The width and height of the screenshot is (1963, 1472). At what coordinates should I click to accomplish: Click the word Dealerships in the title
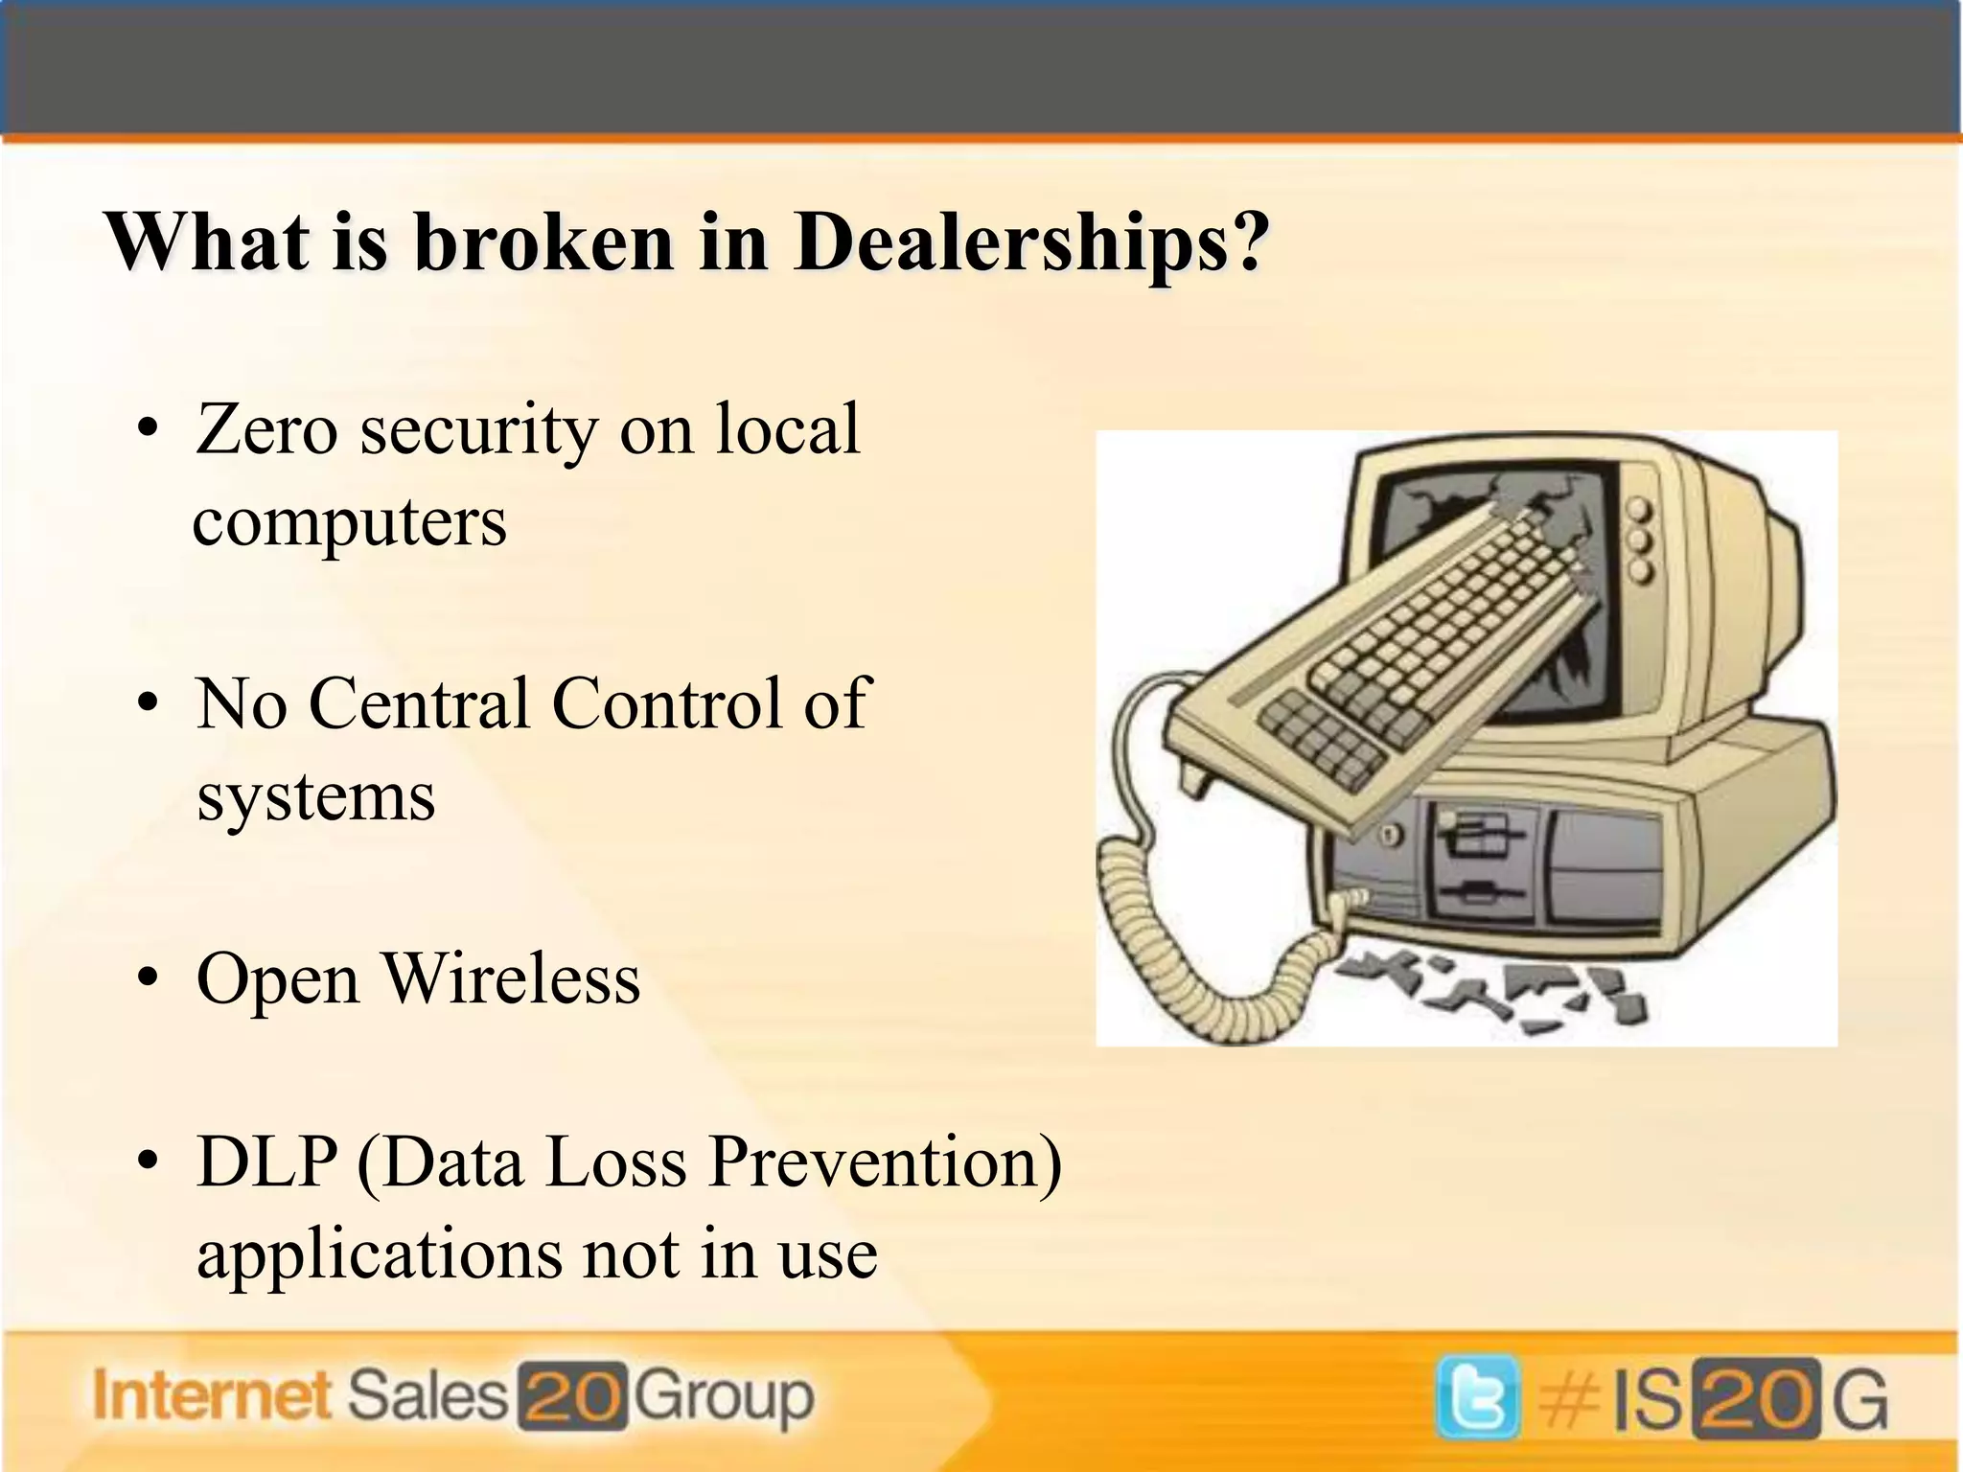tap(1030, 242)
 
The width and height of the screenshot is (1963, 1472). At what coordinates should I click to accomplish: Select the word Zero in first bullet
tap(266, 429)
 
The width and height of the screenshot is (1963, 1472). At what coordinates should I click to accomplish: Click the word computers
tap(350, 523)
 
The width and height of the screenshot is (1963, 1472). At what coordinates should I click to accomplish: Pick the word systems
tap(315, 797)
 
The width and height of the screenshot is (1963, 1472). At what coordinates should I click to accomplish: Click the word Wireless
tap(512, 979)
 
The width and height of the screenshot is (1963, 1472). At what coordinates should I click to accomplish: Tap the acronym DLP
tap(267, 1162)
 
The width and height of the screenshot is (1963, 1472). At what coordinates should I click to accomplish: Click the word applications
tap(378, 1254)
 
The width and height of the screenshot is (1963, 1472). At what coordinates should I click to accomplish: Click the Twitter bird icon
tap(1477, 1397)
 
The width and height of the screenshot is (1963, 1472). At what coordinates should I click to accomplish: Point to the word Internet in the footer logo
tap(212, 1396)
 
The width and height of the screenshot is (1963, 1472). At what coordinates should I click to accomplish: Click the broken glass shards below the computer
tap(1495, 992)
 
